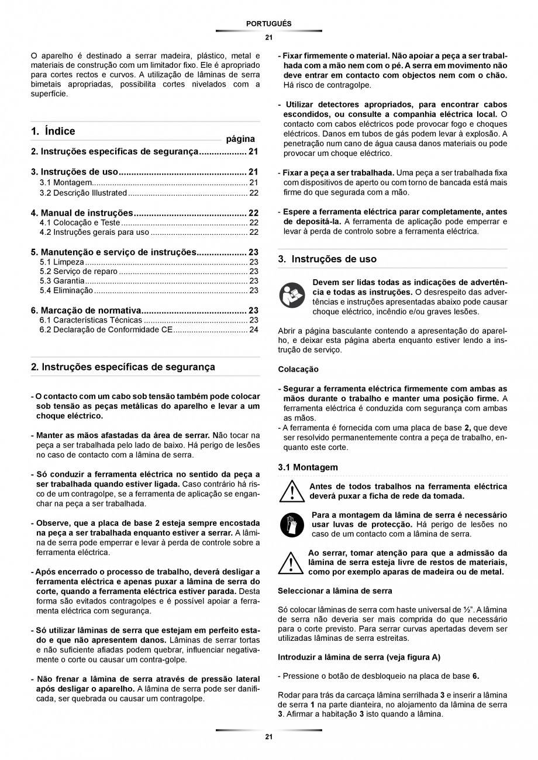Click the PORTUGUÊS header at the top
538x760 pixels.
(x=268, y=23)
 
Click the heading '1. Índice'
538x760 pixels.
(x=53, y=131)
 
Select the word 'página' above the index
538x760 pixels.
(x=240, y=139)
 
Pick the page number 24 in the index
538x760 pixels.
(x=254, y=329)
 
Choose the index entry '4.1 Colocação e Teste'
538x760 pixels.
(x=80, y=223)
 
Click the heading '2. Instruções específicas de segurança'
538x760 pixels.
(x=123, y=367)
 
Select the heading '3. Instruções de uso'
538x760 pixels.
(x=327, y=259)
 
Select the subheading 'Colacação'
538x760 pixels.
(x=298, y=369)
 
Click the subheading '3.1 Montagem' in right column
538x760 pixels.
(x=308, y=467)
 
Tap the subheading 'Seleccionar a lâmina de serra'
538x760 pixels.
(x=334, y=591)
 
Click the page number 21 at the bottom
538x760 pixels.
(x=268, y=737)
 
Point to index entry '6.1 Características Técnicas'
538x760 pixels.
(x=91, y=320)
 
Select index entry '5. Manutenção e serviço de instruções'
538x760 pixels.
(x=113, y=252)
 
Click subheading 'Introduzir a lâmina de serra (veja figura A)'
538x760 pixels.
(x=359, y=657)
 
